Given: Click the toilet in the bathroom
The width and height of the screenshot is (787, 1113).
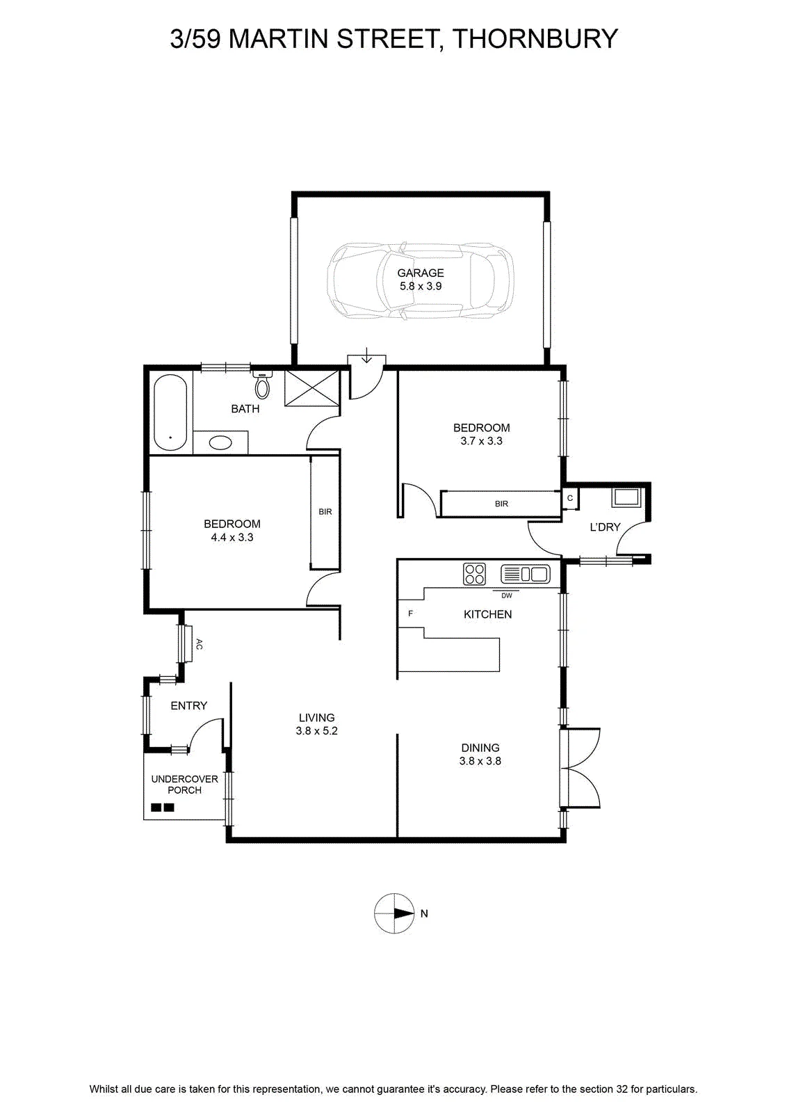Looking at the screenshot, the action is pyautogui.click(x=261, y=383).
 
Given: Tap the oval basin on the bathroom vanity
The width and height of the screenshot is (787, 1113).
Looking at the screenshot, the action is pyautogui.click(x=220, y=442).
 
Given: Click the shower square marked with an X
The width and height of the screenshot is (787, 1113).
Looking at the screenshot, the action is pyautogui.click(x=312, y=388).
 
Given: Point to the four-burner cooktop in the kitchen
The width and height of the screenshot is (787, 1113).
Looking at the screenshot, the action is pyautogui.click(x=474, y=574).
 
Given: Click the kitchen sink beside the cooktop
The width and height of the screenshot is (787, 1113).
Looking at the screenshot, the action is pyautogui.click(x=526, y=574).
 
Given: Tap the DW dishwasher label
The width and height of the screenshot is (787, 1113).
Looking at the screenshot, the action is pyautogui.click(x=506, y=595).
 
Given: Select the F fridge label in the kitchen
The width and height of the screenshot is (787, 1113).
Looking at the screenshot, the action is pyautogui.click(x=411, y=614).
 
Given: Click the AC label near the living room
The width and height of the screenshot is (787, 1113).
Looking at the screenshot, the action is pyautogui.click(x=199, y=644).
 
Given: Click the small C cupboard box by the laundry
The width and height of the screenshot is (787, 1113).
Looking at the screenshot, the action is pyautogui.click(x=570, y=498).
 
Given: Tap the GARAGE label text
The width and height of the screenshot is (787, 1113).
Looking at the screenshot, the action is pyautogui.click(x=421, y=273).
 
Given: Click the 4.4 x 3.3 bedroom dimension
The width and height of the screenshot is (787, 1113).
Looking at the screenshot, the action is pyautogui.click(x=232, y=537).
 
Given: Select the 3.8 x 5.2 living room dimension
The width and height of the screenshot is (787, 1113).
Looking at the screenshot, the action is pyautogui.click(x=317, y=731).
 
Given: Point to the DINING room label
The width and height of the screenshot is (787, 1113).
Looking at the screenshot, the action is pyautogui.click(x=480, y=747).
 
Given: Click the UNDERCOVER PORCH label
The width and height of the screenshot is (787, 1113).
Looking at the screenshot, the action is pyautogui.click(x=185, y=785).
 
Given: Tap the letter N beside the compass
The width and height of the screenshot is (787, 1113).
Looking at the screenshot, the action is pyautogui.click(x=424, y=913).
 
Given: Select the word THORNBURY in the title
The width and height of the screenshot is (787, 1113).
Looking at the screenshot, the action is pyautogui.click(x=536, y=39).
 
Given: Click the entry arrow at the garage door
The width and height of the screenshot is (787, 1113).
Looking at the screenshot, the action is pyautogui.click(x=366, y=355).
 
